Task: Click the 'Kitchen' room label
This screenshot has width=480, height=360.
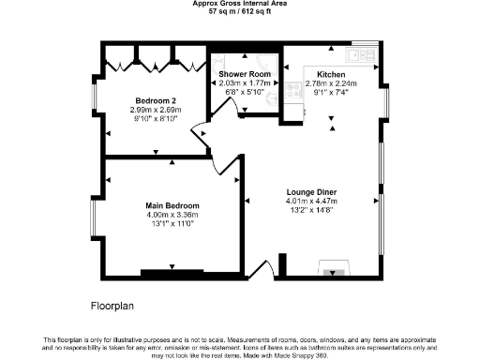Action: pos(331,74)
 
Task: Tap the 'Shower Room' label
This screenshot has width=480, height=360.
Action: pos(245,73)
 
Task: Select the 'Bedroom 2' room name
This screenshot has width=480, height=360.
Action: pos(156,100)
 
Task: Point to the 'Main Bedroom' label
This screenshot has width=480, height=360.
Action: pos(172,205)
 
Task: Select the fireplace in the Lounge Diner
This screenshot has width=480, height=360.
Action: pos(335,273)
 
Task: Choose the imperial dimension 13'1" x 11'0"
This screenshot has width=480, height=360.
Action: pos(172,224)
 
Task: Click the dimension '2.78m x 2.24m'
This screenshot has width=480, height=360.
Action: pos(331,83)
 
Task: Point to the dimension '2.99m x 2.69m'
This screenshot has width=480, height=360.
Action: pos(156,110)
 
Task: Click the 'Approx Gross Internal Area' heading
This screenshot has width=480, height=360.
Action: pos(239,3)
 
